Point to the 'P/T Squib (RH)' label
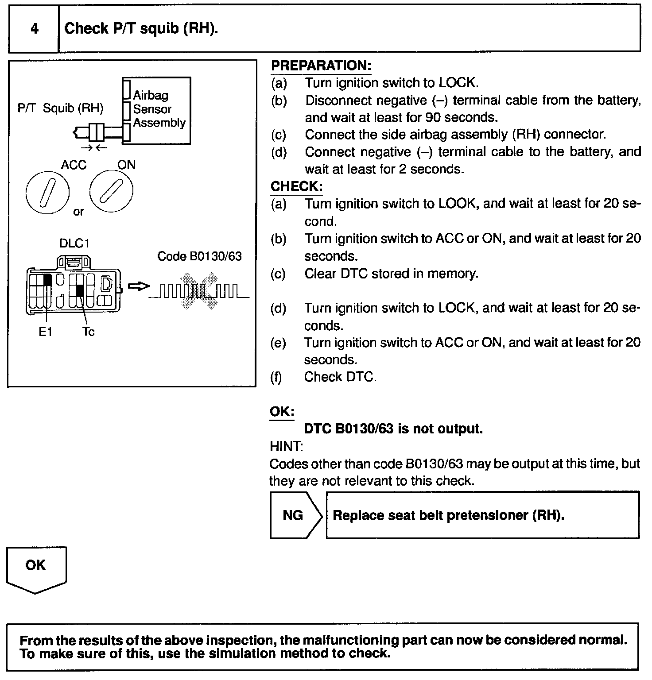[x=60, y=108]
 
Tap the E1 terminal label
[x=45, y=332]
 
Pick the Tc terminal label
[x=88, y=332]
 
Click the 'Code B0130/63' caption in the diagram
[x=199, y=257]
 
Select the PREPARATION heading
[x=321, y=66]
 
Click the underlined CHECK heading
[x=296, y=186]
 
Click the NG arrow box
[x=296, y=515]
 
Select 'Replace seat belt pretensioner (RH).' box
[x=482, y=515]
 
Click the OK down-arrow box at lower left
[x=36, y=569]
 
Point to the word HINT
[x=286, y=446]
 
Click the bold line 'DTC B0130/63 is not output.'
[x=393, y=429]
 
